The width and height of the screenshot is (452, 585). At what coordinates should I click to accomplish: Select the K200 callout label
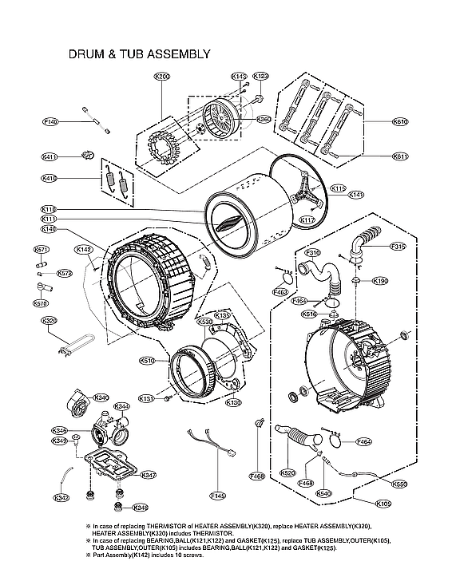point(162,77)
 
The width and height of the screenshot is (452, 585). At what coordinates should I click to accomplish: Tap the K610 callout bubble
point(399,122)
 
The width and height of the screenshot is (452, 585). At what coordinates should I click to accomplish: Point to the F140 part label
point(51,122)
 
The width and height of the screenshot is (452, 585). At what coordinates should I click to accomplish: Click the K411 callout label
point(50,156)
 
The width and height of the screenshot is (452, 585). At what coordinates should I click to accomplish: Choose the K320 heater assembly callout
point(50,321)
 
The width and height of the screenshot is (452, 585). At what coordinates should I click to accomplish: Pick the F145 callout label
point(218,496)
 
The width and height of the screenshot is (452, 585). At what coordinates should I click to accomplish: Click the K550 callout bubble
point(399,484)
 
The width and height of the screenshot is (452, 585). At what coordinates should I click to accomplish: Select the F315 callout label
point(398,247)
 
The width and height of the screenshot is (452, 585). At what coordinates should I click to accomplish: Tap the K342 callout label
point(61,498)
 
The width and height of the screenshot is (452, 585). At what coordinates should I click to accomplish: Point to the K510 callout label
point(147,361)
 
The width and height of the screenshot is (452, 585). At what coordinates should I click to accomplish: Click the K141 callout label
point(356,195)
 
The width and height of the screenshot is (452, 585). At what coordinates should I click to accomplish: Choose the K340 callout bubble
point(101,397)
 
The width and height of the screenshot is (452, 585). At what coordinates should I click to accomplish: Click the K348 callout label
point(141,508)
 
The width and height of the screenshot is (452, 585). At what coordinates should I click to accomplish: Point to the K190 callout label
point(381,281)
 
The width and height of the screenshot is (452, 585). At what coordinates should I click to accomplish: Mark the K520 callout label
point(288,473)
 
